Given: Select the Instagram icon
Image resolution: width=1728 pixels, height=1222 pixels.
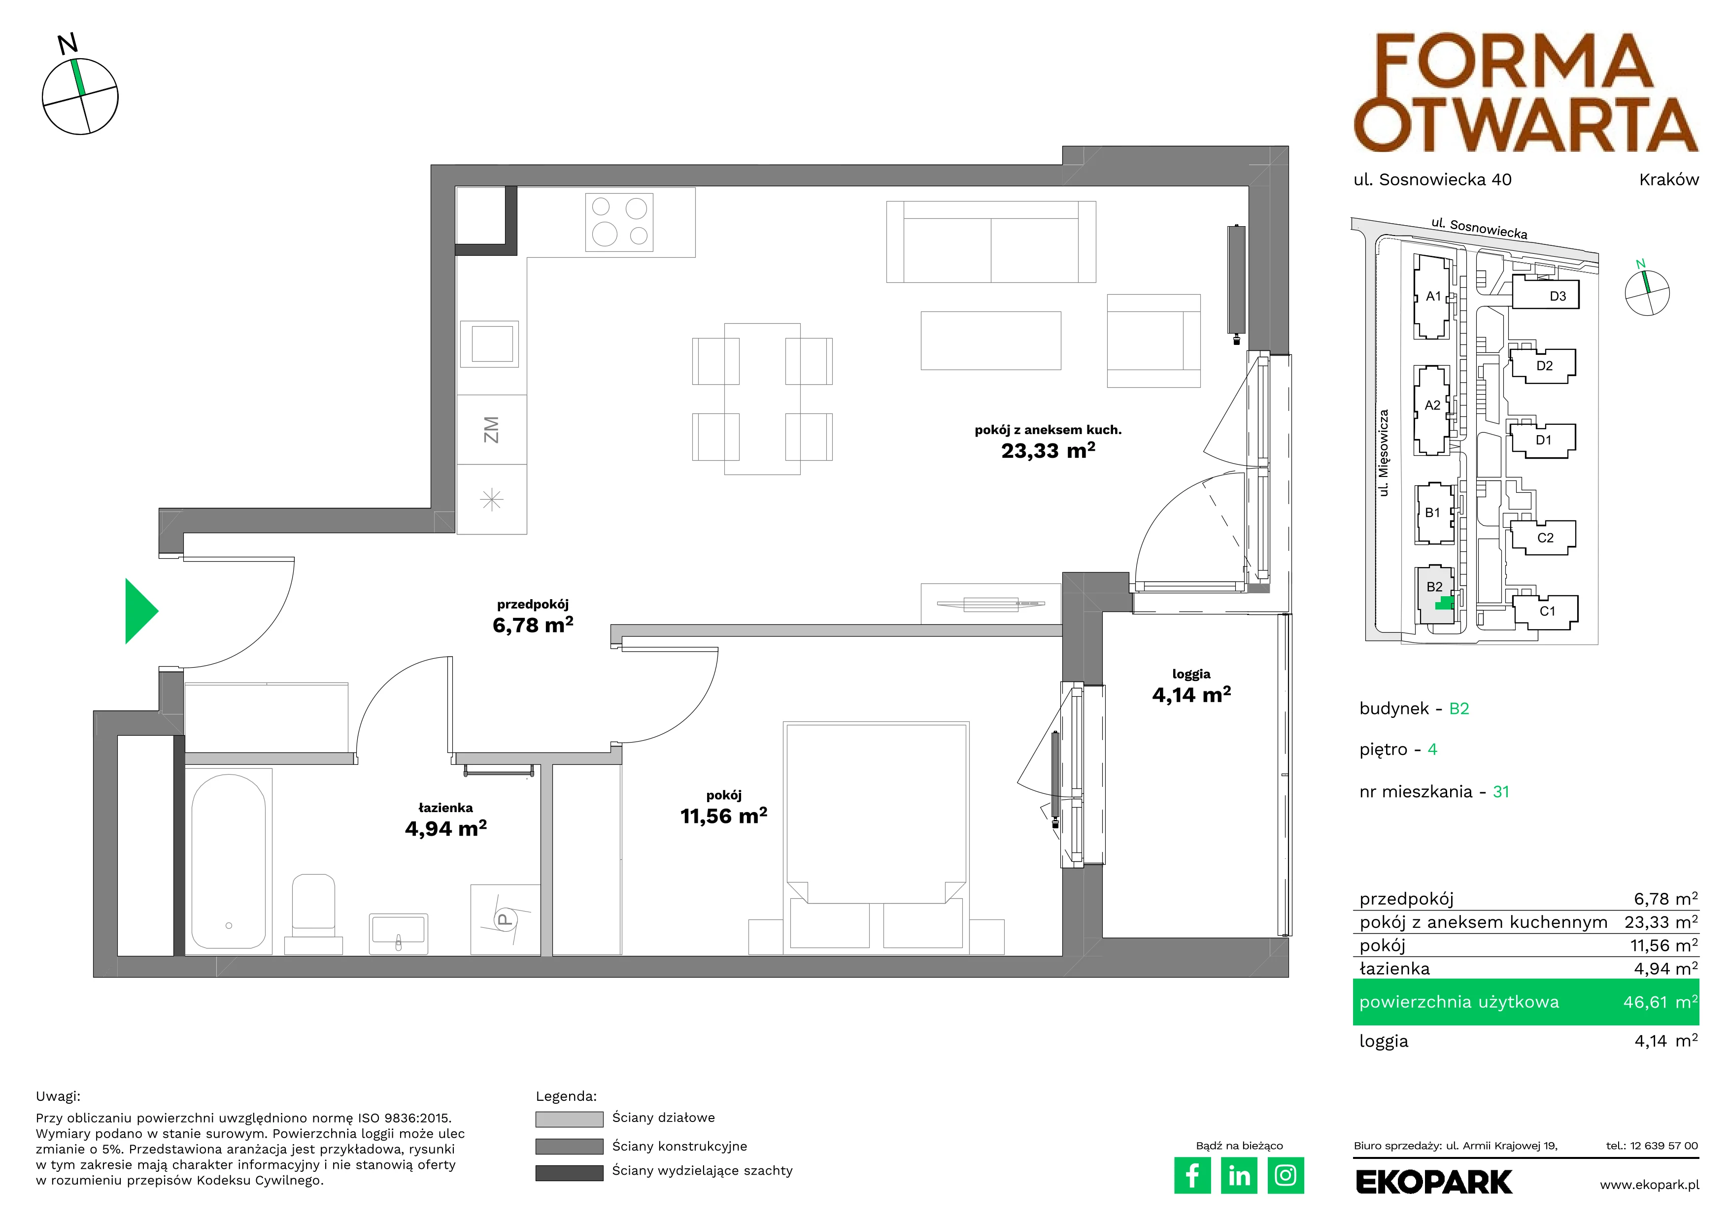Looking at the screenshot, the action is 1286,1175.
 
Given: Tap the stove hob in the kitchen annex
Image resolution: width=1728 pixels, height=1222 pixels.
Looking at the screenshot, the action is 619,222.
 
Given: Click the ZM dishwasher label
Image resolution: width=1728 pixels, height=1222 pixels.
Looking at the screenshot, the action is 491,430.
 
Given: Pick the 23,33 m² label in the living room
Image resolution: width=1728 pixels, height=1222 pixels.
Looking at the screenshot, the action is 1049,451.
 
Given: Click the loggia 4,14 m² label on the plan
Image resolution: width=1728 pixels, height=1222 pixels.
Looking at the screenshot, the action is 1191,695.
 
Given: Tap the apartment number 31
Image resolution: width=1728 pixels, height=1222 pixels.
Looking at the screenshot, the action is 1501,792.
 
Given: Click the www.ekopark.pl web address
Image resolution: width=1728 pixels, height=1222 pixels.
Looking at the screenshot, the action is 1649,1185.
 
